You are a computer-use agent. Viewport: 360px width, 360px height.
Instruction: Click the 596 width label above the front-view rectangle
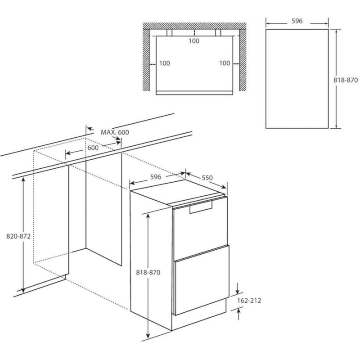point(297,21)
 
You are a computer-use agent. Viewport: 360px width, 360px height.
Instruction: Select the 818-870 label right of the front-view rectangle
point(346,80)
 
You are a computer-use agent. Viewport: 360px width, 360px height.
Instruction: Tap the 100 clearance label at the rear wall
point(194,41)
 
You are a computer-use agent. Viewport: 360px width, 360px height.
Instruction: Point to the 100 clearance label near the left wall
point(165,63)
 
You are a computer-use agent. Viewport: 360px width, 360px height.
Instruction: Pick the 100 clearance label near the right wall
point(225,63)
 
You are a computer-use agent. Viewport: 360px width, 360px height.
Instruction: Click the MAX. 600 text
point(115,132)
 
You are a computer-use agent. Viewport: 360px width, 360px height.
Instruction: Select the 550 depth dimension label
point(207,178)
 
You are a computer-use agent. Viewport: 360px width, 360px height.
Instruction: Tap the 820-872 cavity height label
point(18,236)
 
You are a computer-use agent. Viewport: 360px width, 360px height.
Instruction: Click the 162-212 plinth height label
point(249,301)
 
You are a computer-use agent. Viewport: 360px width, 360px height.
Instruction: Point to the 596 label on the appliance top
point(156,177)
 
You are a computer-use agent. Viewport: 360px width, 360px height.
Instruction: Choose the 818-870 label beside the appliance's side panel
point(148,273)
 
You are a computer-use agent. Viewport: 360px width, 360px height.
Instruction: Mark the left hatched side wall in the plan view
point(146,60)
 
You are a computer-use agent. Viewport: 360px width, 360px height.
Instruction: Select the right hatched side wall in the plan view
point(243,60)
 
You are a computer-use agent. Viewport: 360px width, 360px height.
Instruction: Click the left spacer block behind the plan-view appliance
point(170,32)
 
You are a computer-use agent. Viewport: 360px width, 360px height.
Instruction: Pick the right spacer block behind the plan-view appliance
point(218,32)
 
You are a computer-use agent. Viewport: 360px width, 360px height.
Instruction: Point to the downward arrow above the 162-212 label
point(238,288)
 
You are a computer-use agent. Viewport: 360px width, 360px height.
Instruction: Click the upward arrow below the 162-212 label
point(238,314)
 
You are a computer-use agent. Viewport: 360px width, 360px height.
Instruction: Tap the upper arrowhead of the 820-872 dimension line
point(23,180)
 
